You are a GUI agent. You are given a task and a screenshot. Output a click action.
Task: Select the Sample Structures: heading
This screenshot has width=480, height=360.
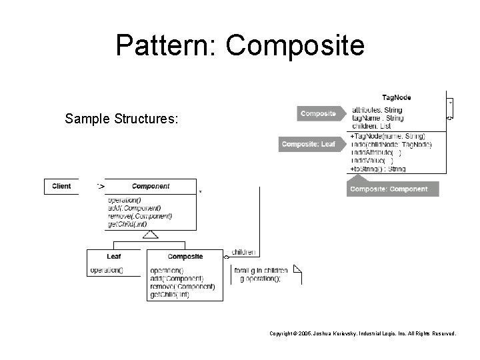(x=121, y=120)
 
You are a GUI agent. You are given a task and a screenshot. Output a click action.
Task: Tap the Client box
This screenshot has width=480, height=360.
(x=61, y=187)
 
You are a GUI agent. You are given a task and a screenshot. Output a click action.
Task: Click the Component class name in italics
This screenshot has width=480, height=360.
(x=151, y=187)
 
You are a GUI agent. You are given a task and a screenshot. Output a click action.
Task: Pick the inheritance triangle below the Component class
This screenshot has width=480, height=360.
(x=151, y=235)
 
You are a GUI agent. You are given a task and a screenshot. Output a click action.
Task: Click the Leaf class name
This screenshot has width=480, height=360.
(x=114, y=256)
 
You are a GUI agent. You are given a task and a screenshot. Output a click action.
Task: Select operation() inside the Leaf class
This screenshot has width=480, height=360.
(x=107, y=270)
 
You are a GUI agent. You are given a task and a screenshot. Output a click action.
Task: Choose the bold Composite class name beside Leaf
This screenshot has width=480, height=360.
(x=185, y=256)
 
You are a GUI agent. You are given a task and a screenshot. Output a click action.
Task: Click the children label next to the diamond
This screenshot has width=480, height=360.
(x=243, y=253)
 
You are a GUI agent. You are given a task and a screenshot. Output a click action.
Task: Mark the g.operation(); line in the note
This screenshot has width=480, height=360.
(x=260, y=279)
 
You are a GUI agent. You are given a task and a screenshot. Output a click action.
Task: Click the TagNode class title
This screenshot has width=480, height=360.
(x=397, y=97)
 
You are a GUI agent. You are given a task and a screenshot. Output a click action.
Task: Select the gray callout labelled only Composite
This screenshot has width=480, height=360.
(x=319, y=113)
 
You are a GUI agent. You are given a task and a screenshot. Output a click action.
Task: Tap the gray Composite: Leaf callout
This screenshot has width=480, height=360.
(x=309, y=144)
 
